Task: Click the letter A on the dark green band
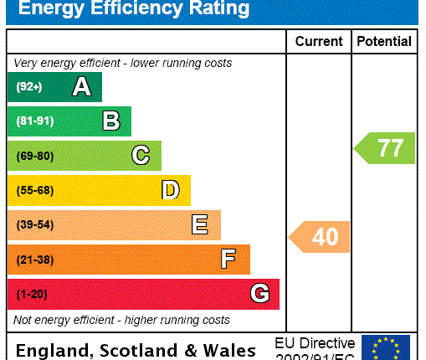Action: pos(81,86)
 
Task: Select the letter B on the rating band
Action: pos(110,121)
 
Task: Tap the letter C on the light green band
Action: pos(141,156)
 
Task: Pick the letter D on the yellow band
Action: pos(170,190)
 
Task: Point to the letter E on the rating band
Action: pos(199,224)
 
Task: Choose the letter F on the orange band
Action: pos(228,260)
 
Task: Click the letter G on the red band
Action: pos(259,294)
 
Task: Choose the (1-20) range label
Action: pos(31,295)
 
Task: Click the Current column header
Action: pos(318,41)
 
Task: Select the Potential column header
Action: pos(384,41)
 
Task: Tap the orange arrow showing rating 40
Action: pos(320,237)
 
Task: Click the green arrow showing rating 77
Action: pos(385,148)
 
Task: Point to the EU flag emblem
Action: pos(385,347)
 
